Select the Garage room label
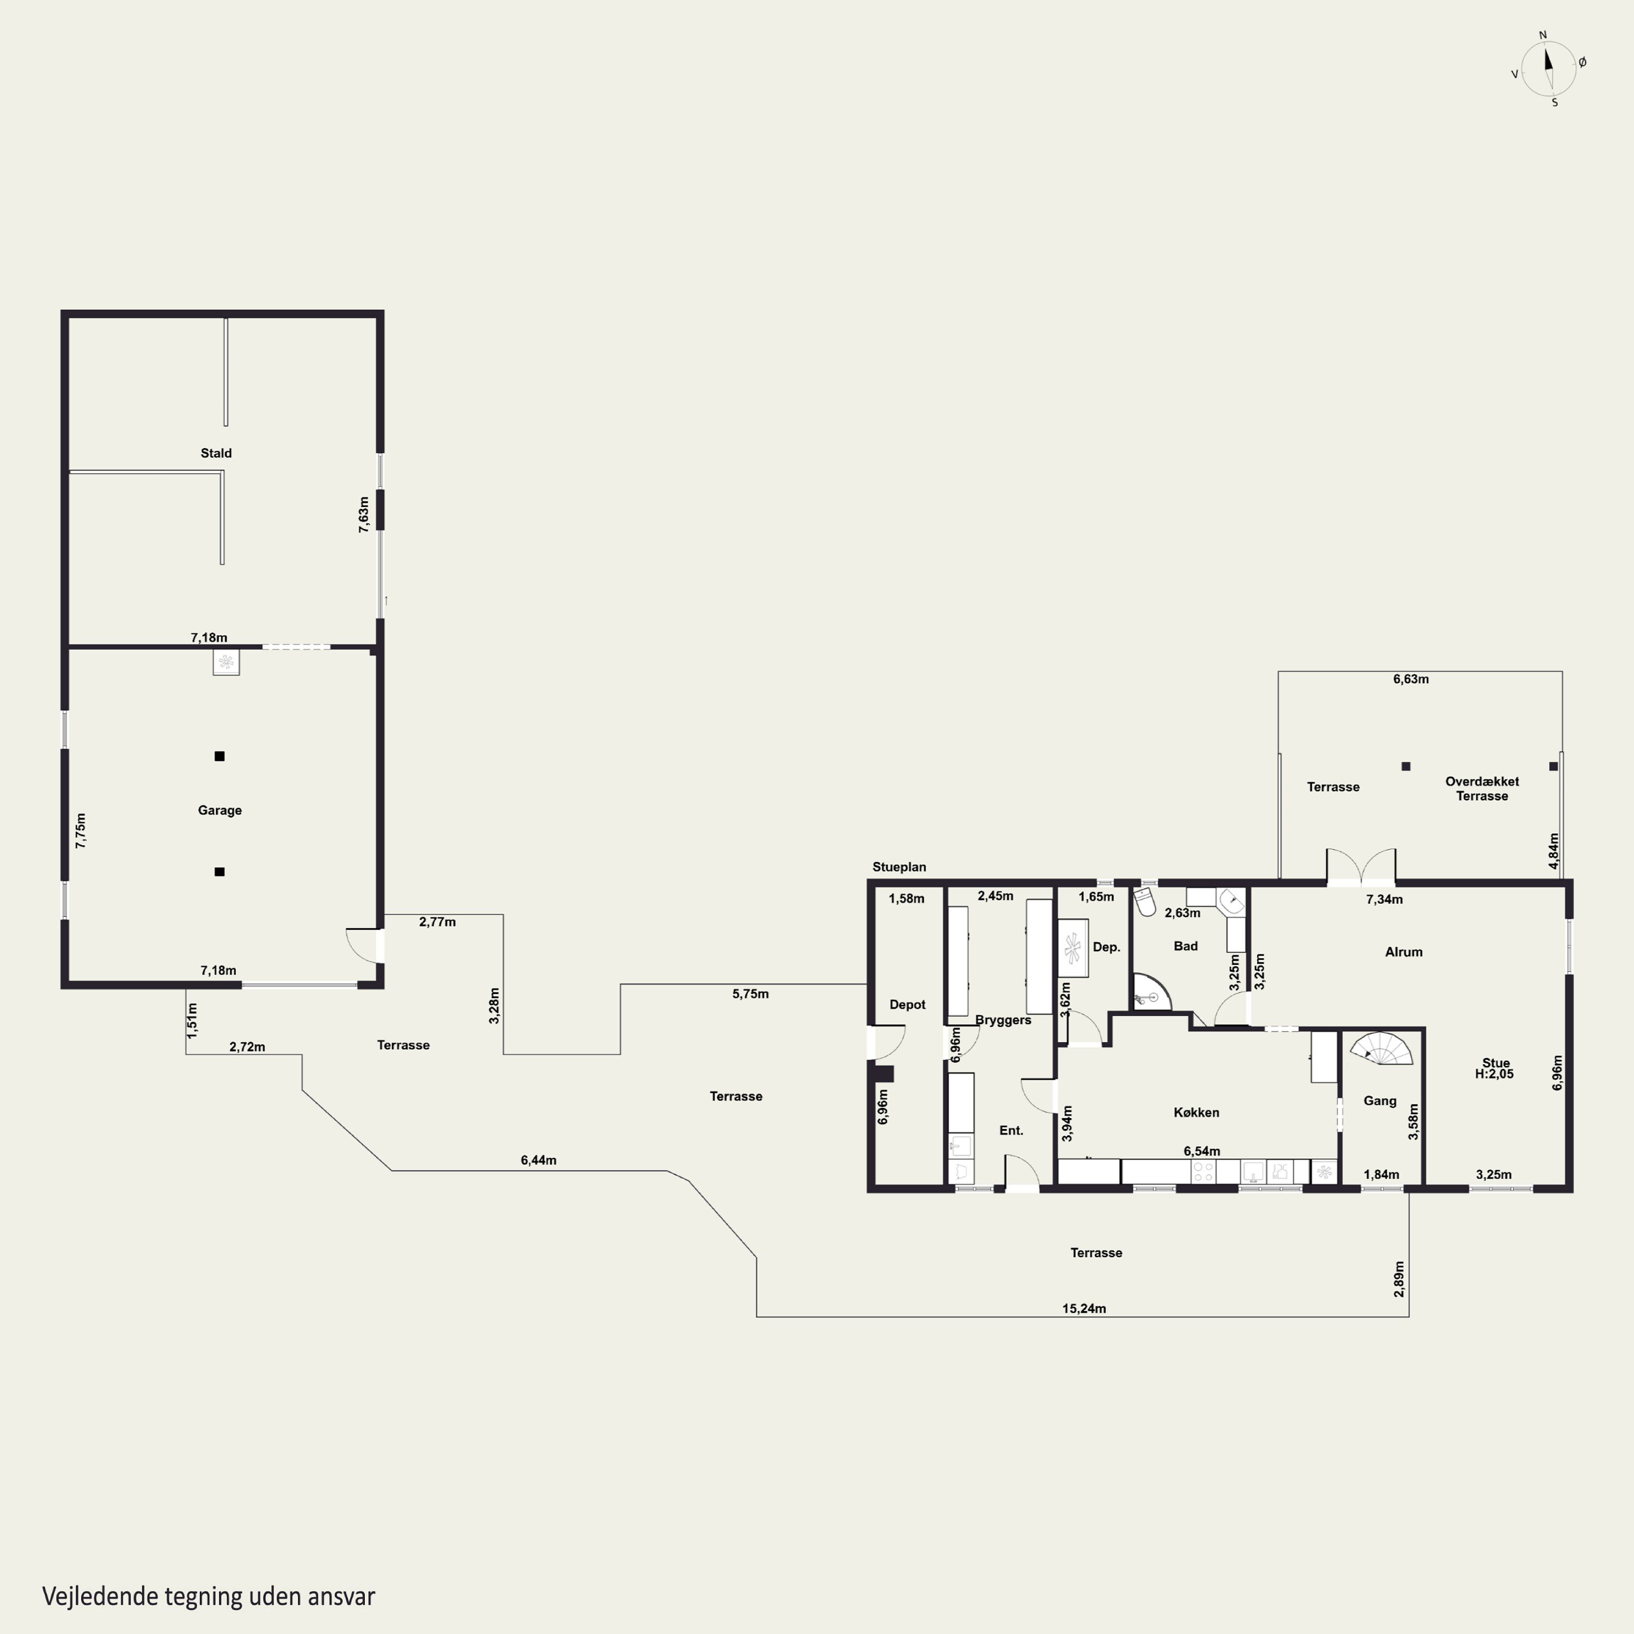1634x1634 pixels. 220,810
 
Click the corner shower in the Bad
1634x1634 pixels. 1152,991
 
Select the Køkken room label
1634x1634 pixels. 1196,1112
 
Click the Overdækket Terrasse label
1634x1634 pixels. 1481,788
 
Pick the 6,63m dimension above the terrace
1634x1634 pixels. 1411,679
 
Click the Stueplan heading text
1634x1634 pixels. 899,867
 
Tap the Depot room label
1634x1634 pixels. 907,1005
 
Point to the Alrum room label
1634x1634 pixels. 1404,952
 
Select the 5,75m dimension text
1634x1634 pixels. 750,994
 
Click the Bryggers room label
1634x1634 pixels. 1003,1020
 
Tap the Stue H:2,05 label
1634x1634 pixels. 1495,1068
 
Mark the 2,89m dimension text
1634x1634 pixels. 1399,1279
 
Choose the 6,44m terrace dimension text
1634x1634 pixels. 539,1160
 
